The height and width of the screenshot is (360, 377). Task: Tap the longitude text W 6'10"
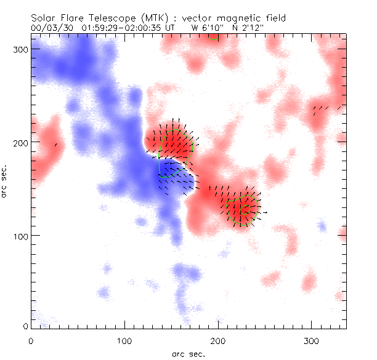206,28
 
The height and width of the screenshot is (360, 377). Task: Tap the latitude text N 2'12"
249,28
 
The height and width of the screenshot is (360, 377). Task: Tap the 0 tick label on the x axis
31,340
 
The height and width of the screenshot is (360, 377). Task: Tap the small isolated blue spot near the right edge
321,226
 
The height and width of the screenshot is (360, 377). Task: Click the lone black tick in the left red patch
55,145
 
